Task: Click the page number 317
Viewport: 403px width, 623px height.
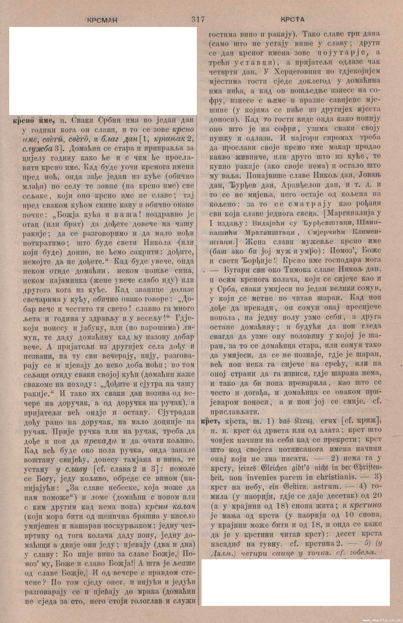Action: [x=198, y=19]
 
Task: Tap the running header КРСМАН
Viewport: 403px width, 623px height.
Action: [x=102, y=20]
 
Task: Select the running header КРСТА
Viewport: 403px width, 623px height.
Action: [x=293, y=20]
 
